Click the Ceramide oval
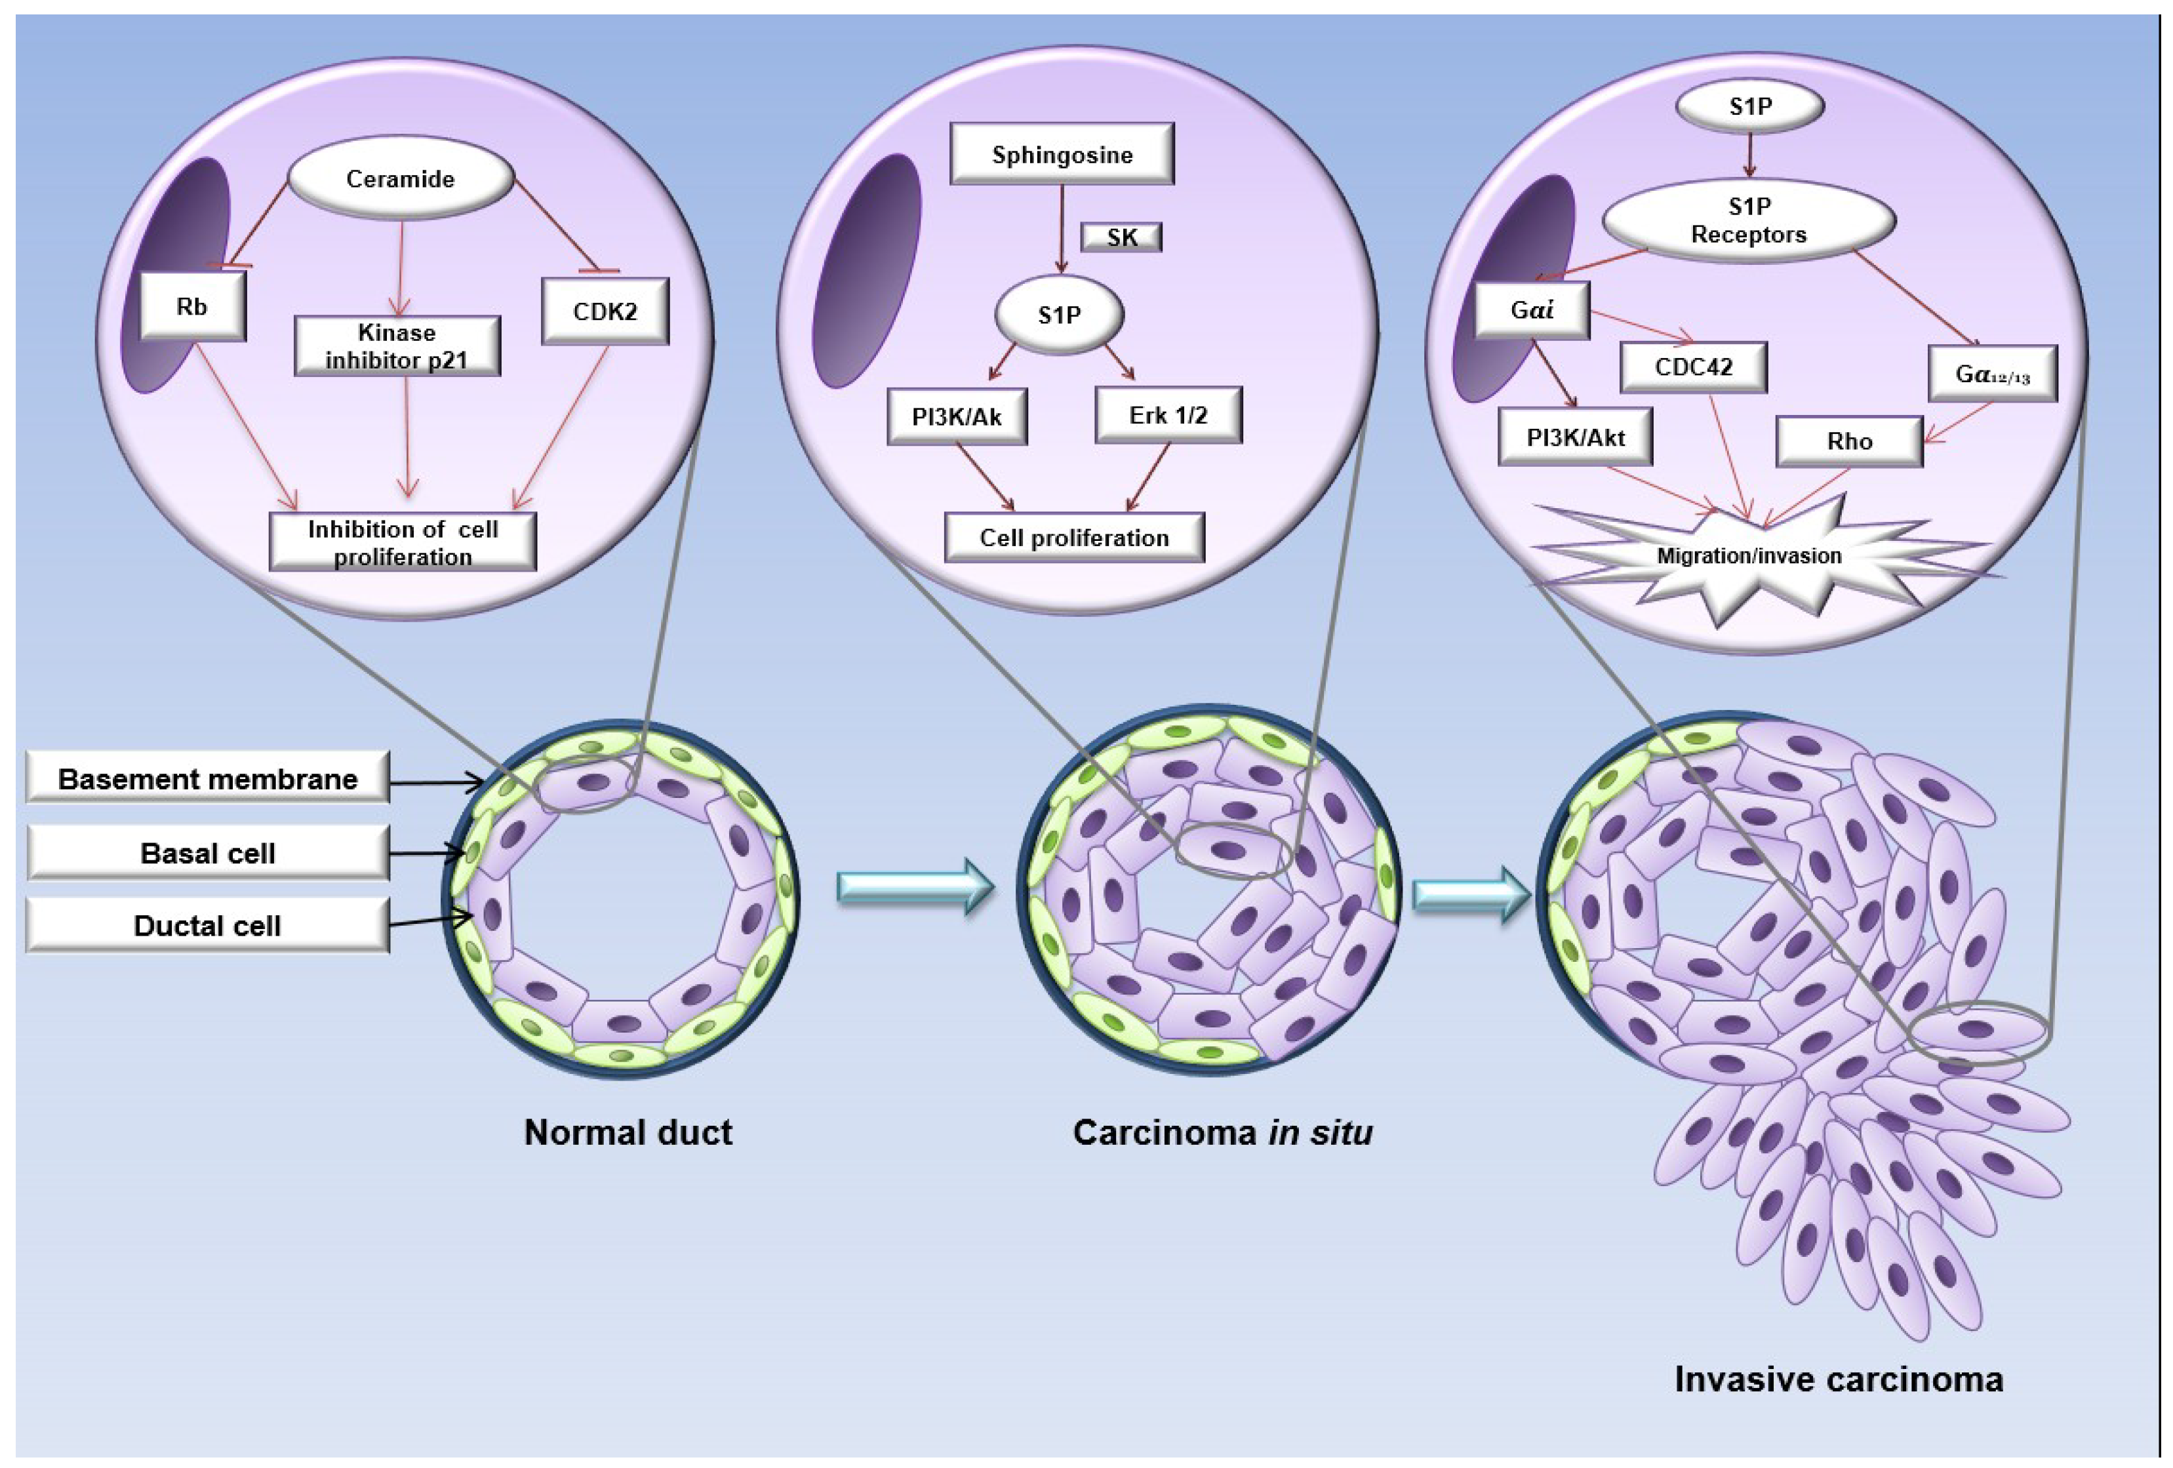400,178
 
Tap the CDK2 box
605,311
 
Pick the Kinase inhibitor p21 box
397,346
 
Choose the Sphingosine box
1062,154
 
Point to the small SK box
1121,237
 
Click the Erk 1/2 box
1168,415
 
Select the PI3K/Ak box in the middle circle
957,417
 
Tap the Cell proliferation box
1074,538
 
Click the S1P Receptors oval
1749,221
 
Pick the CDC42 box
1693,367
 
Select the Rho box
1850,441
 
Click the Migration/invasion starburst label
1749,555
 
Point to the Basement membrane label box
208,778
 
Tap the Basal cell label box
208,853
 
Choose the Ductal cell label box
208,926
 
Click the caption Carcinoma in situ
1223,1132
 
